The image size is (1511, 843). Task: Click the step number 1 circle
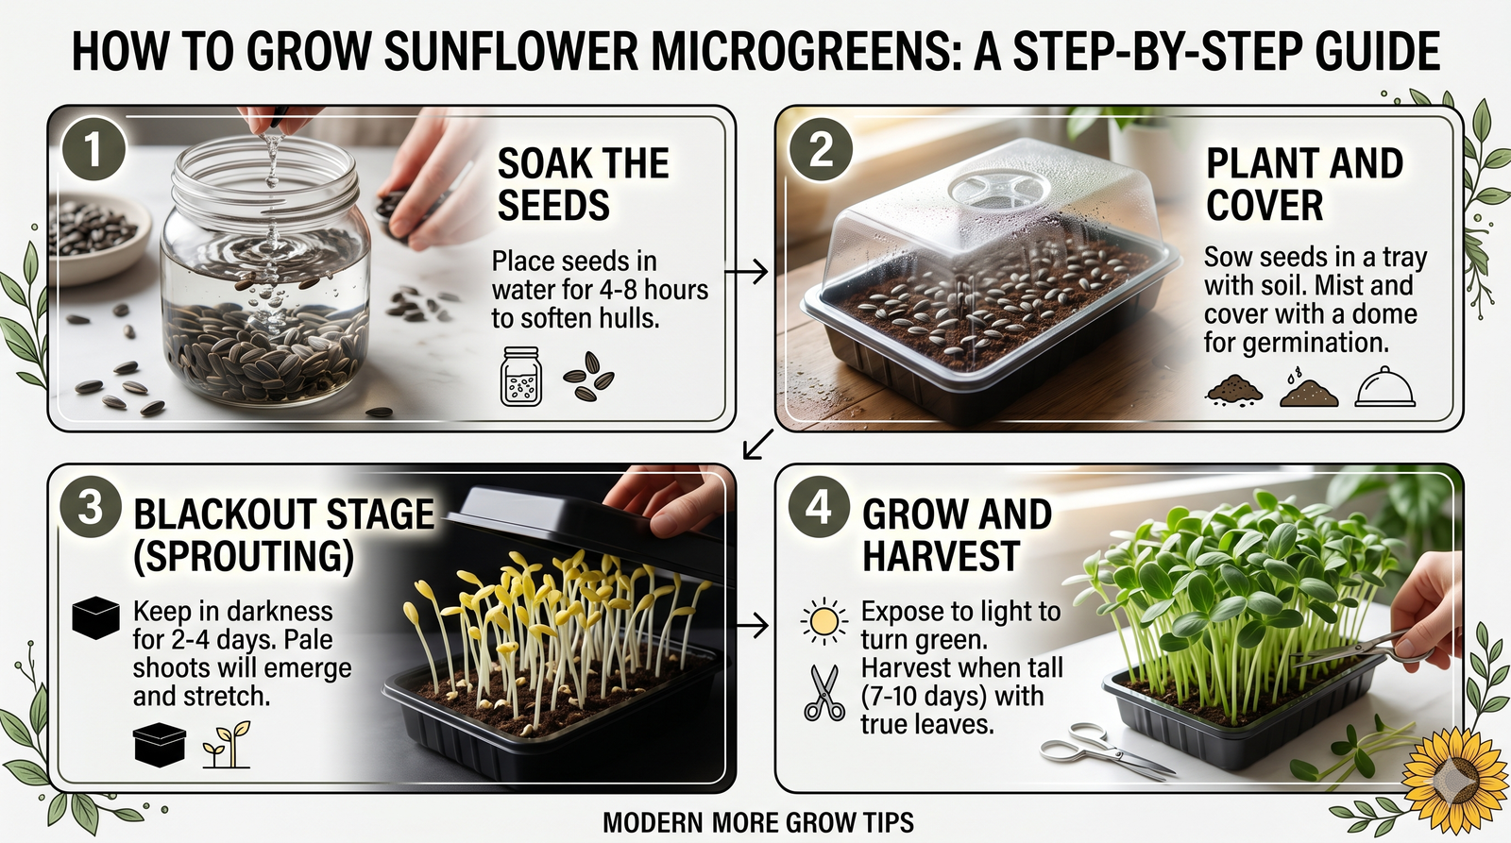92,149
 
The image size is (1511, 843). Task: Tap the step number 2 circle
821,149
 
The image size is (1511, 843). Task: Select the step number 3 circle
90,507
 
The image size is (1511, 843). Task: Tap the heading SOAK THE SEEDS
583,184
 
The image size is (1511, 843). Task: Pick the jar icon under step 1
521,377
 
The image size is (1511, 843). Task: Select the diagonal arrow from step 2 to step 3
757,444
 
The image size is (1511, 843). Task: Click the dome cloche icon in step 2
1384,388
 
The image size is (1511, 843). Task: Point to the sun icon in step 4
823,621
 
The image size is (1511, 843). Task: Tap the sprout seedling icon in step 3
228,746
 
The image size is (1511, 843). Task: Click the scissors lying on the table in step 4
1105,752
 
